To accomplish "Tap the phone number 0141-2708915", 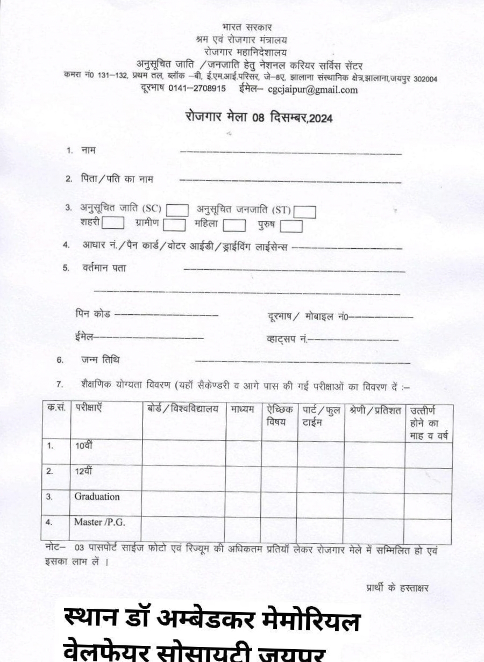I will click(x=197, y=89).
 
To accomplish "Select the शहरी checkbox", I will click(x=113, y=222).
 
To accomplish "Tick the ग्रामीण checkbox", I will click(x=174, y=224).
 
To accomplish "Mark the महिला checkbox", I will click(x=234, y=225).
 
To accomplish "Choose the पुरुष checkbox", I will click(x=291, y=226).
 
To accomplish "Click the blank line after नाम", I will click(x=290, y=153).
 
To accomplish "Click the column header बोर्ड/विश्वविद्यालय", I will click(x=183, y=409).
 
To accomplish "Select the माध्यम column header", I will click(x=243, y=410).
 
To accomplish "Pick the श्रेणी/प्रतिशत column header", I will click(x=374, y=411).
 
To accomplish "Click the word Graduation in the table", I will click(x=97, y=496).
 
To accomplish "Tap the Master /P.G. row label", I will click(x=99, y=521).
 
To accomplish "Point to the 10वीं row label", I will click(x=84, y=445).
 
